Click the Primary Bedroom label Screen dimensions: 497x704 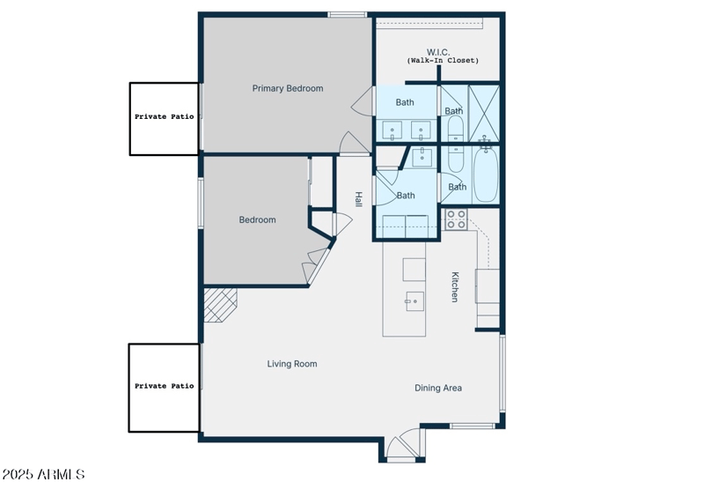point(287,88)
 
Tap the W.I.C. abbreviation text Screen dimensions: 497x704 point(438,52)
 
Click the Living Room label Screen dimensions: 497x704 point(292,364)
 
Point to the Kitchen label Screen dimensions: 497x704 point(455,286)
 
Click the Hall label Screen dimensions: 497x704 point(358,200)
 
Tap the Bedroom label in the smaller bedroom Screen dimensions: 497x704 point(257,220)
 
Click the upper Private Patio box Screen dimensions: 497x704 point(165,119)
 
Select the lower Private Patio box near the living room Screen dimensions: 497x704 point(164,387)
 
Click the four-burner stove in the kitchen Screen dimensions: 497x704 point(455,219)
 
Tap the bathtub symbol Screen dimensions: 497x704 point(486,175)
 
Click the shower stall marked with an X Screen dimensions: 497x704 point(484,112)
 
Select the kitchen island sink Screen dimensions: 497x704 point(414,301)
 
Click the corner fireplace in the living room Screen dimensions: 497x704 point(218,305)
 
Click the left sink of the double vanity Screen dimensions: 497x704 point(392,130)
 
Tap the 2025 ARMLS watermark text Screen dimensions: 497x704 point(43,475)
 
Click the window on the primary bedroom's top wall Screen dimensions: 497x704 point(348,14)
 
